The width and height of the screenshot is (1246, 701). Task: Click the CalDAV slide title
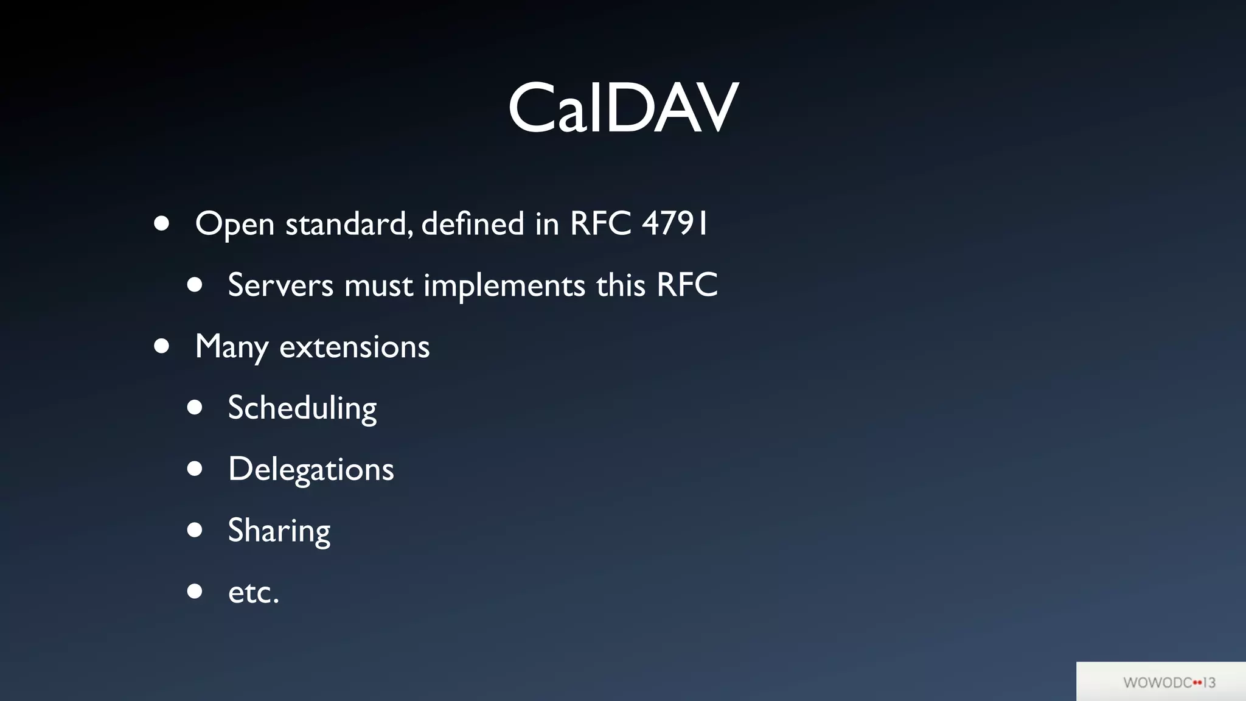pos(623,108)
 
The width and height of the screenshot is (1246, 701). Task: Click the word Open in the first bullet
pos(235,224)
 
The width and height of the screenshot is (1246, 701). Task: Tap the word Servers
pos(280,285)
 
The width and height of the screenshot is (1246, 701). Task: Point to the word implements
pos(504,285)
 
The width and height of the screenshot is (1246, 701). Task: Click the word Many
pos(231,347)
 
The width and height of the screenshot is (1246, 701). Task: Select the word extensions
pos(354,347)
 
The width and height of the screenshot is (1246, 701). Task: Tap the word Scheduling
pos(302,408)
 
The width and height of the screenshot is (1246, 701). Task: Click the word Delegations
pos(311,469)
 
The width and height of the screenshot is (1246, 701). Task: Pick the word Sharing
pos(279,531)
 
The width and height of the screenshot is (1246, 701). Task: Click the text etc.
pos(253,592)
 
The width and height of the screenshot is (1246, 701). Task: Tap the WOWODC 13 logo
pos(1169,682)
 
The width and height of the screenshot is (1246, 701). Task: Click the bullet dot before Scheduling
pos(195,407)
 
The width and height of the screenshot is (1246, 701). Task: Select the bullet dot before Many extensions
pos(162,346)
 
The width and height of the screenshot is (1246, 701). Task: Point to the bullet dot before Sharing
pos(195,530)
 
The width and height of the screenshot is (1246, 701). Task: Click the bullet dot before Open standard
pos(162,223)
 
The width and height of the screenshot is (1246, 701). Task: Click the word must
pos(378,285)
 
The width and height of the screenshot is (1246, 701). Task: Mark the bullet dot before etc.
pos(195,591)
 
